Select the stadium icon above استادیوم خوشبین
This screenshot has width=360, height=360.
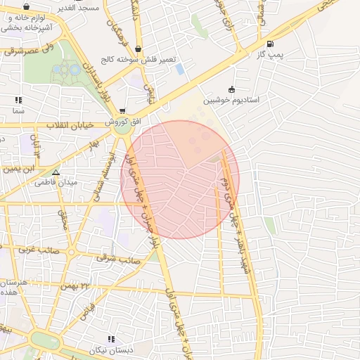[231, 89]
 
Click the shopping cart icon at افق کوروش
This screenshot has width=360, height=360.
[122, 111]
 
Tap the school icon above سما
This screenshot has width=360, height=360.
[18, 100]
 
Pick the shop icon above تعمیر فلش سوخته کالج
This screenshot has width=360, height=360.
[137, 49]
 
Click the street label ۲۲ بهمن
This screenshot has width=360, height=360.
[77, 286]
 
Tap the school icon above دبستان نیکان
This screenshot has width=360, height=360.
[110, 339]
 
